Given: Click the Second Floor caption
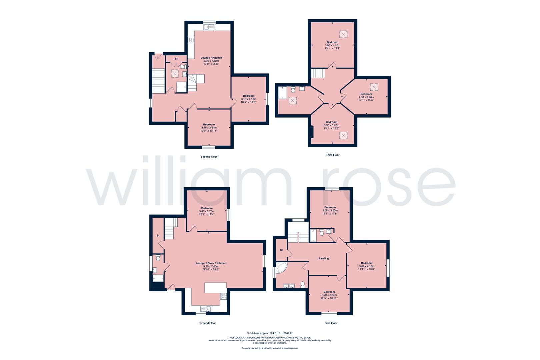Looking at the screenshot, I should pyautogui.click(x=209, y=157).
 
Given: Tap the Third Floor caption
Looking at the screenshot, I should pyautogui.click(x=332, y=155).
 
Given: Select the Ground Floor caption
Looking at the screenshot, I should pyautogui.click(x=208, y=323).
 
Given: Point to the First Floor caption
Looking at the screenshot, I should pyautogui.click(x=331, y=323).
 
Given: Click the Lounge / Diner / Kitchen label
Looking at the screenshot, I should pyautogui.click(x=211, y=263).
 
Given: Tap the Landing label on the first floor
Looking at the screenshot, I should pyautogui.click(x=324, y=258).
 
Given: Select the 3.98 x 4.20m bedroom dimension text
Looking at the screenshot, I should pyautogui.click(x=332, y=45).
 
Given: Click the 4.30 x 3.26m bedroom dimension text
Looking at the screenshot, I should pyautogui.click(x=366, y=97).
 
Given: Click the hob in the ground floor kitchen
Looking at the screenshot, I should pyautogui.click(x=223, y=296).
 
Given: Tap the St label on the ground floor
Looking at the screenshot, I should pyautogui.click(x=158, y=236).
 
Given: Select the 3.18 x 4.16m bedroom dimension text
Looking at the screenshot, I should pyautogui.click(x=249, y=99).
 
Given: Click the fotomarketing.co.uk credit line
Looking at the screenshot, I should pyautogui.click(x=270, y=348).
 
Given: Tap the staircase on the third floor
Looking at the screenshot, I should pyautogui.click(x=318, y=73).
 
